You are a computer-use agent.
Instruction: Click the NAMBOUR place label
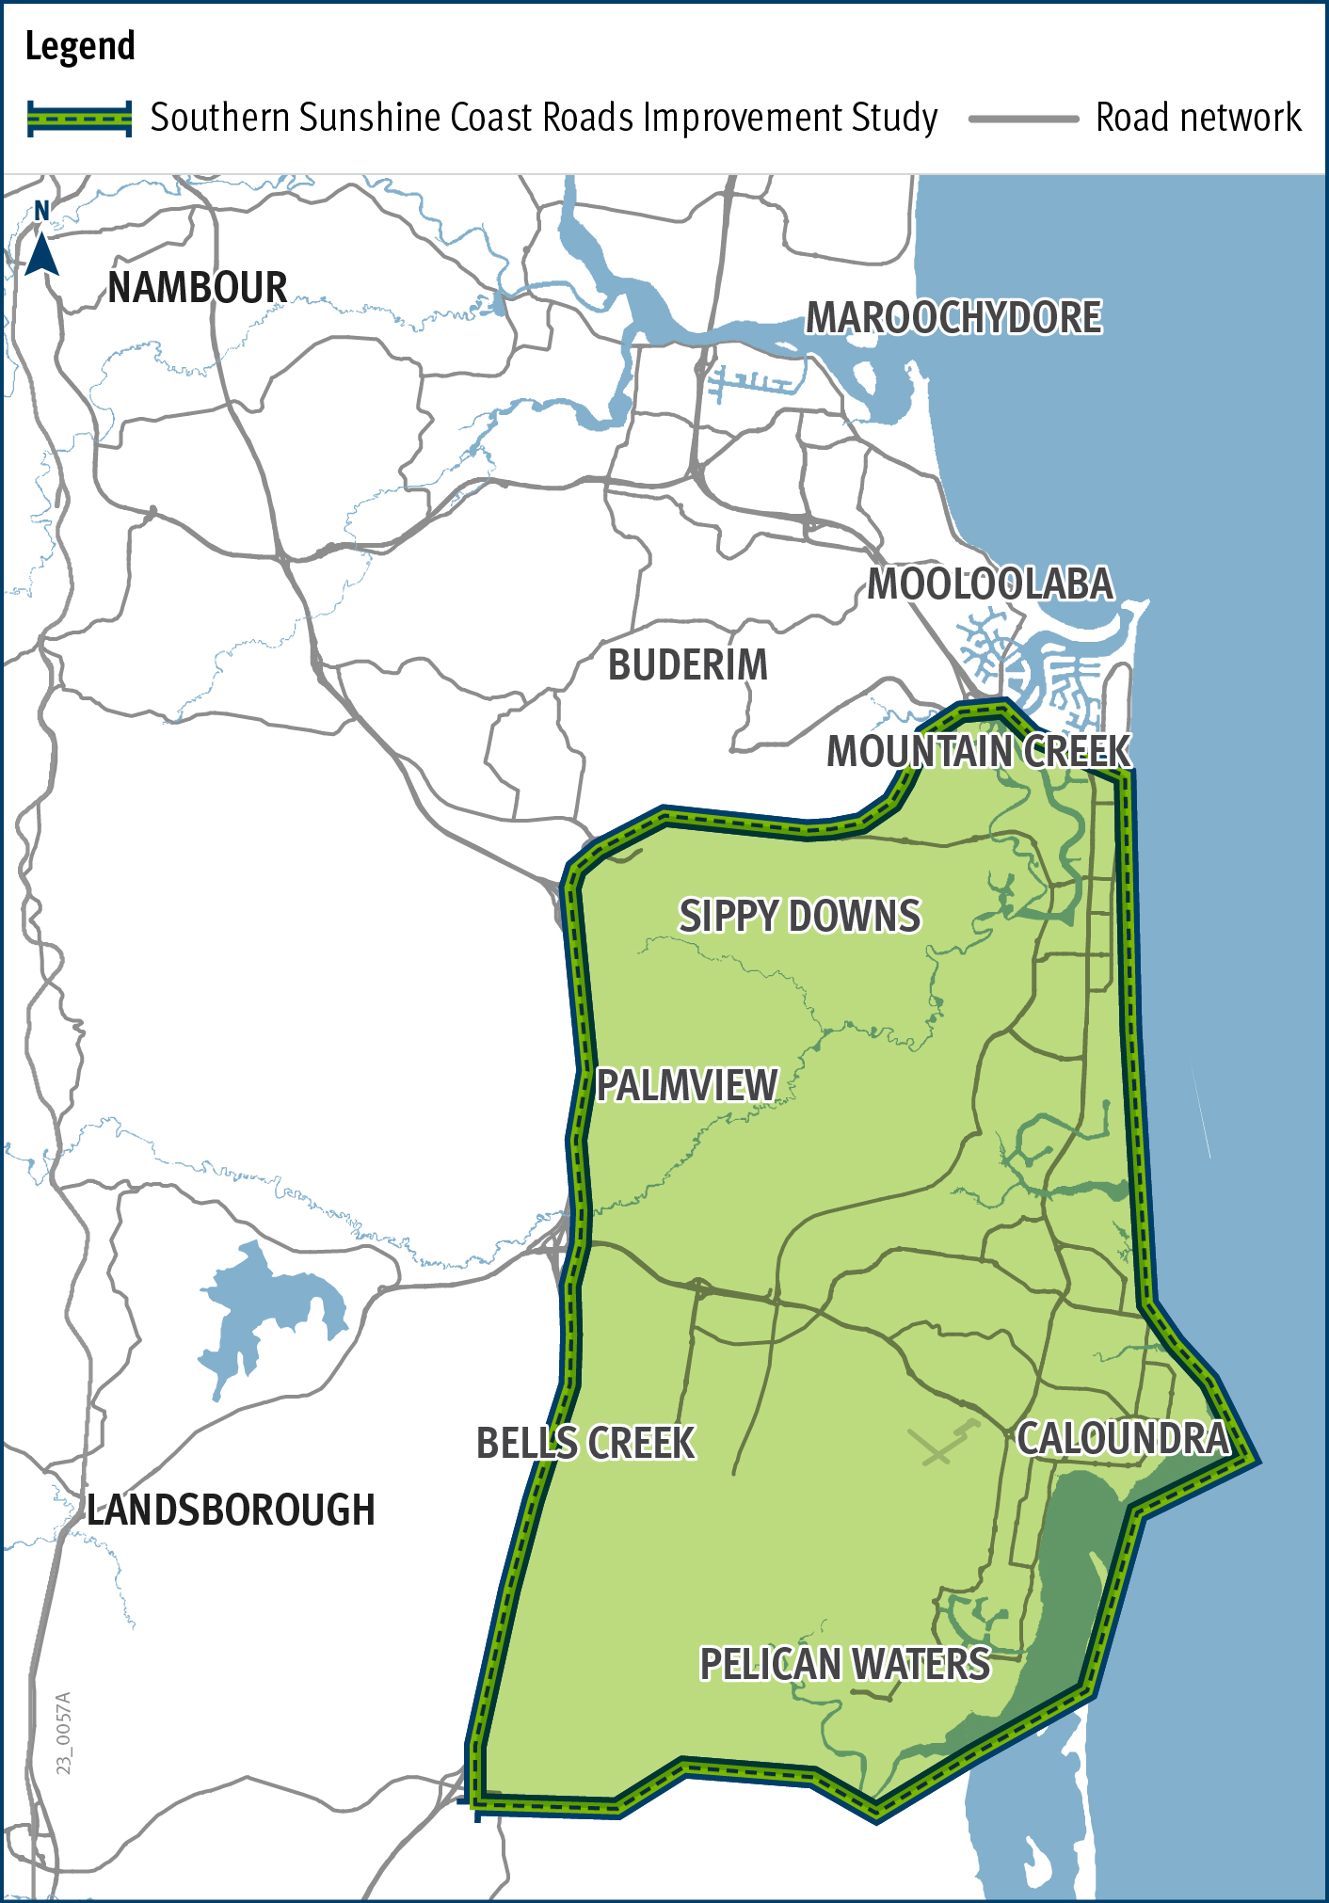(198, 288)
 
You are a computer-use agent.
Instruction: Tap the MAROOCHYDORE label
(953, 318)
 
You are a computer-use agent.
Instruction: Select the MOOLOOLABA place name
(990, 584)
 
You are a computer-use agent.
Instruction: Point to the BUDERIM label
(688, 665)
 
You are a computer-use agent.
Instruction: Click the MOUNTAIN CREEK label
(979, 752)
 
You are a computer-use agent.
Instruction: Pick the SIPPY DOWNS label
(800, 917)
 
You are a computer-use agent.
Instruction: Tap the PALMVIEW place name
(688, 1086)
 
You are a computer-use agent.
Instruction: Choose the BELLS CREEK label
(585, 1444)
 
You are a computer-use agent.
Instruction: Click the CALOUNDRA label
(1124, 1439)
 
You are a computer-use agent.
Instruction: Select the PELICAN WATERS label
(845, 1664)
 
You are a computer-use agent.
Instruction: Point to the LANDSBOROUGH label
(232, 1511)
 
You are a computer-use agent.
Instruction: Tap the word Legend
(80, 46)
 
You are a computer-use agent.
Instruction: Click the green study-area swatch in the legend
(79, 119)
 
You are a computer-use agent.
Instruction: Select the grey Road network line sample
(1023, 119)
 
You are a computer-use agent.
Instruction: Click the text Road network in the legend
(1198, 119)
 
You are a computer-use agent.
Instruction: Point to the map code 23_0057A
(64, 1733)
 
